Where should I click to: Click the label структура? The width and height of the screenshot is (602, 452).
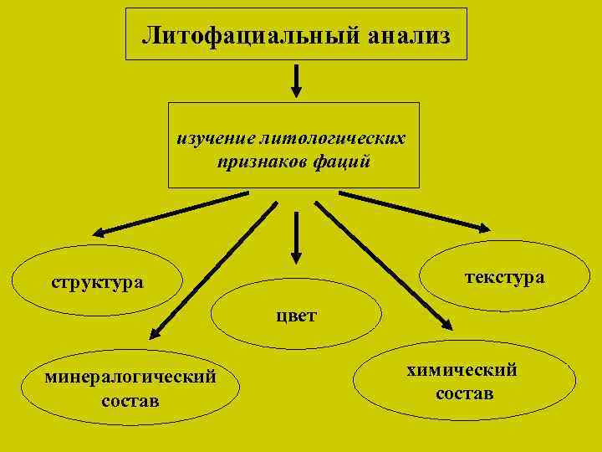(x=97, y=282)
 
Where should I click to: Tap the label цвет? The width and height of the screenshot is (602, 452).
(x=297, y=315)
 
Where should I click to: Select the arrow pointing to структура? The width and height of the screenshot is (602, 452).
(x=167, y=213)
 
